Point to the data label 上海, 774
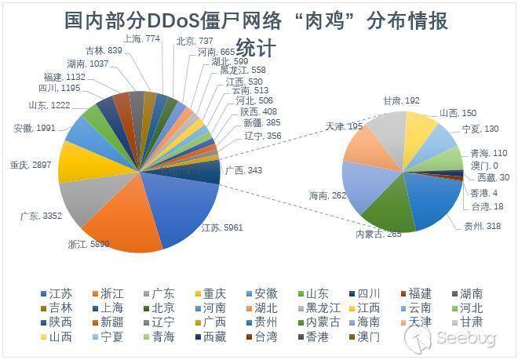[x=142, y=38]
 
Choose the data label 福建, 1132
[x=64, y=77]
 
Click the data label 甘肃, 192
[x=400, y=100]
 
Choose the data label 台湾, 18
[x=488, y=206]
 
